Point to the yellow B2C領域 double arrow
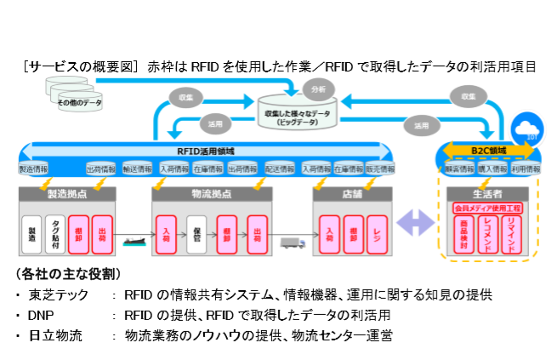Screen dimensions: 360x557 tap(489, 151)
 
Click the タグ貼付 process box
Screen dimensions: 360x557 tap(55, 230)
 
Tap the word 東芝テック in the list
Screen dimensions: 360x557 tap(57, 294)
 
